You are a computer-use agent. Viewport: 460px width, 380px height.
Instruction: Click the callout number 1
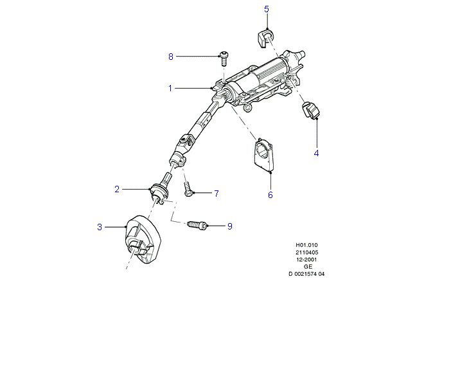pos(170,87)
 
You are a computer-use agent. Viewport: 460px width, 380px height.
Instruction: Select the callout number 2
pos(117,189)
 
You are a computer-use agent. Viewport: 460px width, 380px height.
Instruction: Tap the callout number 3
pos(100,226)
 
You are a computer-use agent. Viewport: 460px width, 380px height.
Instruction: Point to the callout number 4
pos(316,153)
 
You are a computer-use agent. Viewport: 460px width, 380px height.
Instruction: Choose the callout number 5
pos(267,9)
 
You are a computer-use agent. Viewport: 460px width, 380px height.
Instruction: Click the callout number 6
pos(270,194)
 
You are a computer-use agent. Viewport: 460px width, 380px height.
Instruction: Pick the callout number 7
pos(217,193)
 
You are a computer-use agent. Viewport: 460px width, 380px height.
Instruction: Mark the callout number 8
pos(171,57)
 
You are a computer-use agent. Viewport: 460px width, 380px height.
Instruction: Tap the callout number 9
pos(229,226)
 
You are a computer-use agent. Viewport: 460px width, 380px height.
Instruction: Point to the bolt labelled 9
pos(197,226)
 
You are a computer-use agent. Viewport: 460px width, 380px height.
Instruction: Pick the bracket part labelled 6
pos(265,156)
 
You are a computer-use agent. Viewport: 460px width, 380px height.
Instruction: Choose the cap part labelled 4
pos(311,110)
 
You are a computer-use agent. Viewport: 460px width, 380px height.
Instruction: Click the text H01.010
pos(306,245)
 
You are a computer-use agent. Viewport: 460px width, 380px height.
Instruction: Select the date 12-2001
pos(306,259)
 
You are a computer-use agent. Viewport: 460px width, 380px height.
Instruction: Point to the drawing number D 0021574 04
pos(306,274)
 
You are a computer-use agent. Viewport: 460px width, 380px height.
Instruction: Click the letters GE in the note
pos(306,266)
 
